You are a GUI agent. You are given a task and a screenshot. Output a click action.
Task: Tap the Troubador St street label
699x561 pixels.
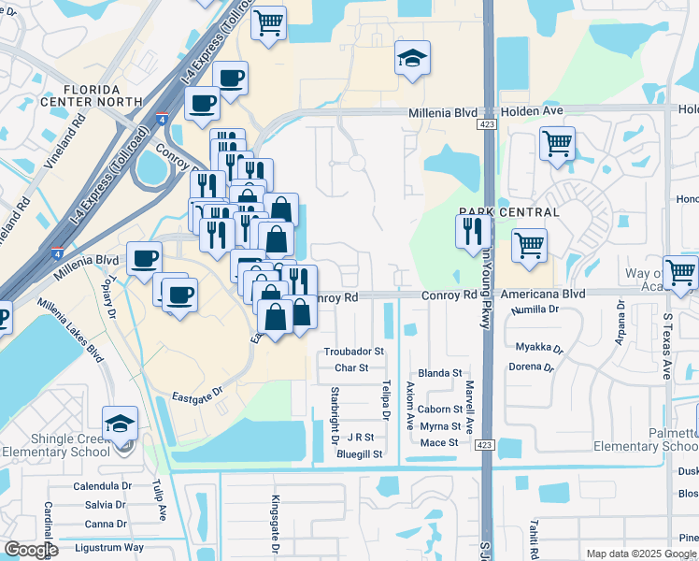[354, 352]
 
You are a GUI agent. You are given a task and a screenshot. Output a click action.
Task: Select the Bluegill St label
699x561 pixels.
[361, 453]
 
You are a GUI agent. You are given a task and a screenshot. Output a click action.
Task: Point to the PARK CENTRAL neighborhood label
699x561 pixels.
[509, 212]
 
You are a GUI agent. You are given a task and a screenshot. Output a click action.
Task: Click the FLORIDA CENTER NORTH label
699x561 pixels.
[90, 93]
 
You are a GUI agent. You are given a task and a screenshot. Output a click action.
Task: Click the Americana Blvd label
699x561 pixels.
[547, 295]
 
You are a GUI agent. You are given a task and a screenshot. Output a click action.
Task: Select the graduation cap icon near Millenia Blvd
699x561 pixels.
[411, 58]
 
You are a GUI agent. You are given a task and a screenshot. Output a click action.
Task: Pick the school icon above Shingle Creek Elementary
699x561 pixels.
[120, 424]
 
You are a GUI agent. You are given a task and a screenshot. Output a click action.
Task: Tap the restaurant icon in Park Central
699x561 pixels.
[473, 231]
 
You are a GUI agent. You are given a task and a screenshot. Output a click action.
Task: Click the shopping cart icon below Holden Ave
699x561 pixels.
[557, 144]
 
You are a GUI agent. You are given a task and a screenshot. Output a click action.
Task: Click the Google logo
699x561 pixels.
[30, 550]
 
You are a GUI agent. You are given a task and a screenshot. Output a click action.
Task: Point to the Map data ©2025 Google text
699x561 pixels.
[640, 554]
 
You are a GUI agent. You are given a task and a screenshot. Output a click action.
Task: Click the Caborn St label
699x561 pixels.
[440, 410]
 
